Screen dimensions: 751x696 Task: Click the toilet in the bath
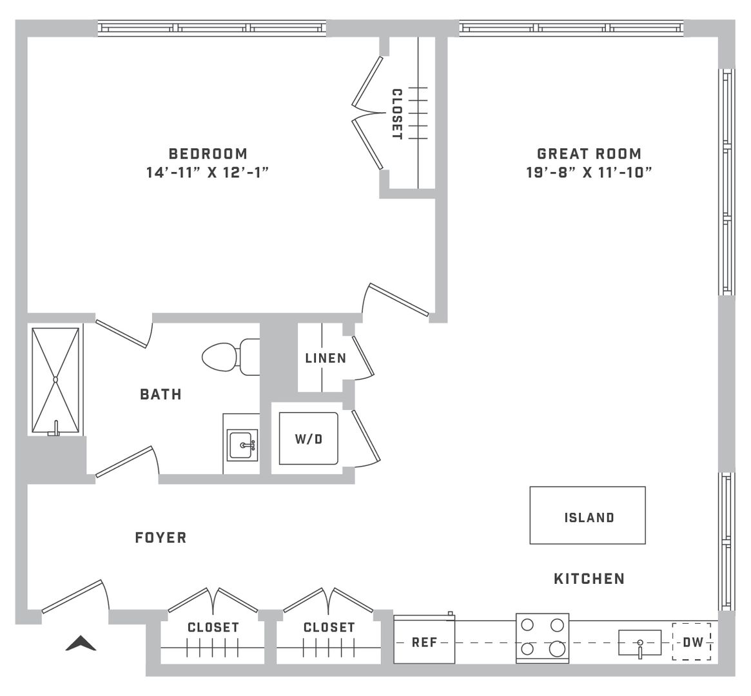[x=231, y=357]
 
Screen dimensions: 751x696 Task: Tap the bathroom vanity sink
[x=242, y=445]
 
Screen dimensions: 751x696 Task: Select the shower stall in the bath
[x=55, y=381]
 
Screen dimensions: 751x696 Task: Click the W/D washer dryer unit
[x=309, y=438]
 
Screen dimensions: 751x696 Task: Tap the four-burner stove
[x=542, y=638]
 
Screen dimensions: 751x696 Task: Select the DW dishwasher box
[x=692, y=642]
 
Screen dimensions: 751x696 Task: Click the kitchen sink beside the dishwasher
[x=639, y=643]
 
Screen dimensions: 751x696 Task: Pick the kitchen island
[x=588, y=515]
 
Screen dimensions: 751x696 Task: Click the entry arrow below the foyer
[x=81, y=643]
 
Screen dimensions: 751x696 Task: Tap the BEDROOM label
[x=208, y=153]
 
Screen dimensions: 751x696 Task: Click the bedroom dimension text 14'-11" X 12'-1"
[x=208, y=172]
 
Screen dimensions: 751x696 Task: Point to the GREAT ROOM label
[x=589, y=153]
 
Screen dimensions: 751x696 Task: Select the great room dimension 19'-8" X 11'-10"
[x=589, y=172]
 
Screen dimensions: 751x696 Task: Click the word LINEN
[x=326, y=358]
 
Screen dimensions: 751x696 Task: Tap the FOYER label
[x=161, y=538]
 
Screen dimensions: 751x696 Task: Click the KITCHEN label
[x=589, y=579]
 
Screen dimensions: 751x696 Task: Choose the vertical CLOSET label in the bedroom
[x=397, y=114]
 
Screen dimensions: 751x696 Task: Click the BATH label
[x=161, y=394]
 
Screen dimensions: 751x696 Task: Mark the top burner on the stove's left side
[x=527, y=625]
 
